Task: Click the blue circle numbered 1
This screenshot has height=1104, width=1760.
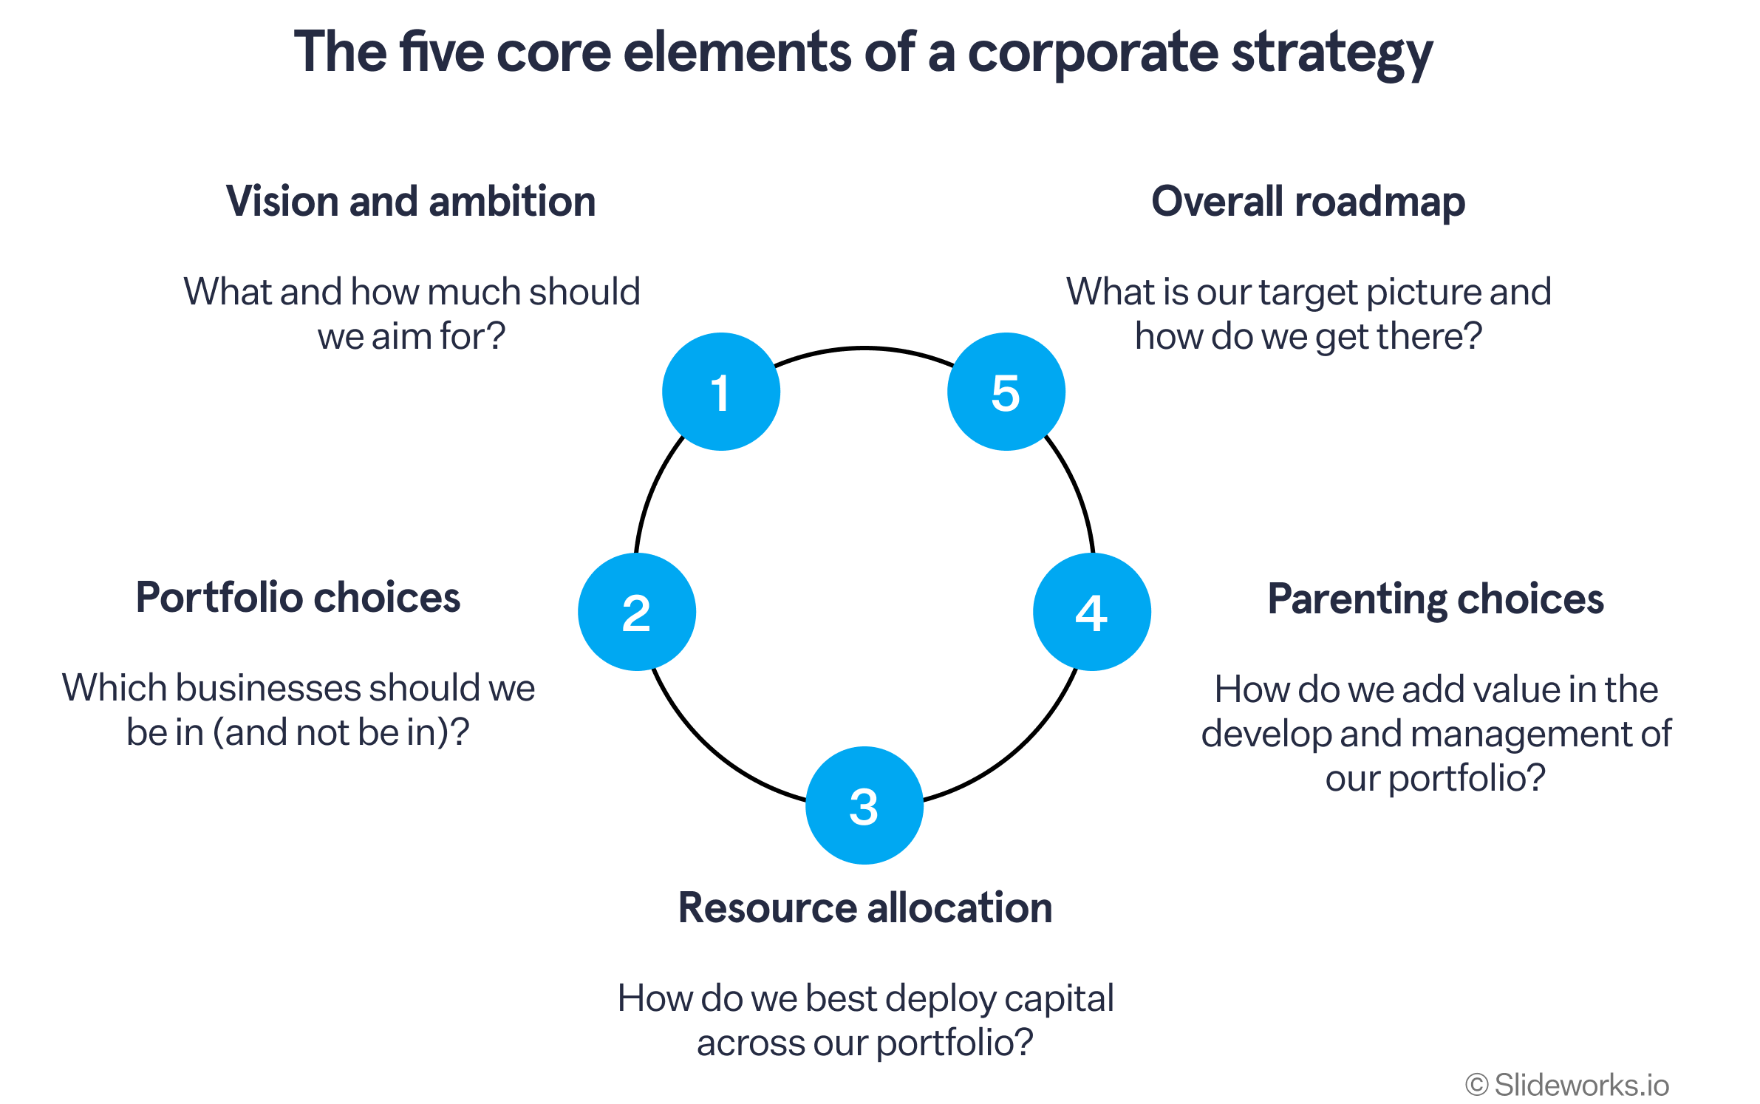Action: coord(721,392)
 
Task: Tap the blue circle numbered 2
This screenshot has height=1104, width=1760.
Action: coord(637,612)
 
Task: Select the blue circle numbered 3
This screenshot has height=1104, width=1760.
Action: coord(864,805)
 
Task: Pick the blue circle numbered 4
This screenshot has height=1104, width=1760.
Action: coord(1092,612)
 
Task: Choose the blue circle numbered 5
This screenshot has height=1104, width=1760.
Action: coord(1006,392)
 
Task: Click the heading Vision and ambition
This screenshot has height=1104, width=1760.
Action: coord(411,201)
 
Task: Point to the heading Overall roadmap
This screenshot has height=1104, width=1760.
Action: coord(1309,202)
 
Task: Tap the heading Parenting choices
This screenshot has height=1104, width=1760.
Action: coord(1436,599)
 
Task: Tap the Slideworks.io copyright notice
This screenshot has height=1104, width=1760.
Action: coord(1567,1085)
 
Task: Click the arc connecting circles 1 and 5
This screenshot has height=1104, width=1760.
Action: coord(864,347)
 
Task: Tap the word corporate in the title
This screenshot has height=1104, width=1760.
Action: coord(1093,55)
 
